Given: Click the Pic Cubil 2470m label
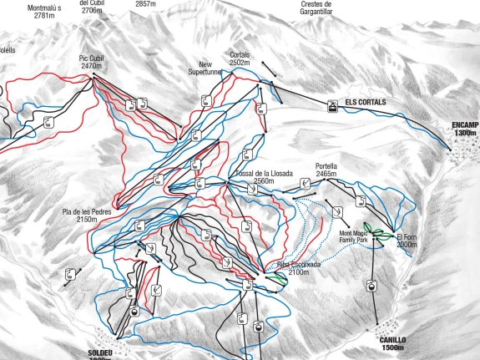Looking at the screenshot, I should tap(91, 62).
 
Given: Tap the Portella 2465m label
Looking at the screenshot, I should tap(326, 170).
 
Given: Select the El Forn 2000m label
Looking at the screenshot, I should tap(407, 241).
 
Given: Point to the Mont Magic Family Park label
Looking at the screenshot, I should tap(354, 236).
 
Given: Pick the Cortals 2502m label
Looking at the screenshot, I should tap(240, 58).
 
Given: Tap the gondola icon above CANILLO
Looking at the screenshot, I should tap(370, 286).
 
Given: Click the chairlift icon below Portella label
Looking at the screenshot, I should tap(306, 184).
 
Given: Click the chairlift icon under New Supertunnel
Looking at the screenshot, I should tap(206, 101).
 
